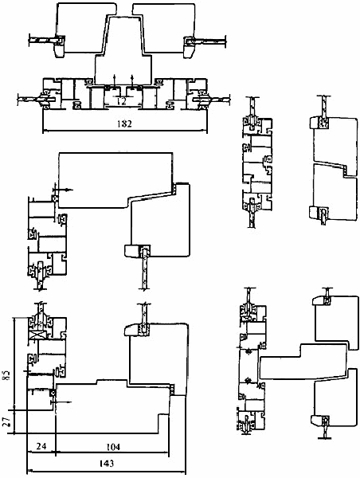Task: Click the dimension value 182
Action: (125, 123)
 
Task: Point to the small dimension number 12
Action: (121, 100)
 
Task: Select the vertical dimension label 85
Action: (6, 375)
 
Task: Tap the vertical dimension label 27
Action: (6, 421)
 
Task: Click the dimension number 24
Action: (41, 446)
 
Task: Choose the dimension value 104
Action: (113, 447)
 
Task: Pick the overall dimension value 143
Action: (107, 464)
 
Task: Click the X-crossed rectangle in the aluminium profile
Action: (37, 335)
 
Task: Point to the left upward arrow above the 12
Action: (115, 80)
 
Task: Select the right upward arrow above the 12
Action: (132, 80)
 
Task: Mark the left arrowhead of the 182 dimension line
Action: (45, 131)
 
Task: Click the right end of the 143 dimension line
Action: (186, 472)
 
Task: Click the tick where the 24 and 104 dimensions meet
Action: (56, 452)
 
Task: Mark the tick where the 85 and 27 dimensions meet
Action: (14, 410)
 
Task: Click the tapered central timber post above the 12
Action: (123, 51)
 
